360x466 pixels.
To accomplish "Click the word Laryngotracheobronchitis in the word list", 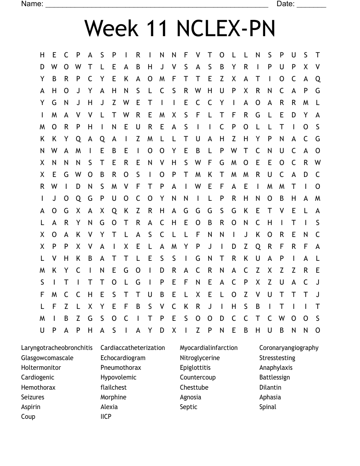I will [57, 348].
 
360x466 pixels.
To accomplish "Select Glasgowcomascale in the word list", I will [47, 358].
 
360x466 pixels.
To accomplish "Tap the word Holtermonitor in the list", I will [41, 368].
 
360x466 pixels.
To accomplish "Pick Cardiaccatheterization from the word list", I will [133, 348].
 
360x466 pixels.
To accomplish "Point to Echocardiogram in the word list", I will [123, 358].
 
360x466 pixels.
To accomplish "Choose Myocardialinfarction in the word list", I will [209, 348].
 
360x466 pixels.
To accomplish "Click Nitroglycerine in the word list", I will [200, 358].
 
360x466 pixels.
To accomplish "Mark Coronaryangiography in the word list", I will [289, 348].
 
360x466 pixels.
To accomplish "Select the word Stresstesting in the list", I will [277, 358].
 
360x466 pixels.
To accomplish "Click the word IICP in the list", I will [106, 417].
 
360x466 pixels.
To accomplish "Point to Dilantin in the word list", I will [270, 387].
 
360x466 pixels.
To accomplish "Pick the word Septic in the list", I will [188, 407].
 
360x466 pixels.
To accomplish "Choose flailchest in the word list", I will [113, 387].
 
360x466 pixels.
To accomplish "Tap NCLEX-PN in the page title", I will [226, 28].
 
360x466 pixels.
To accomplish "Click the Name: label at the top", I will [32, 4].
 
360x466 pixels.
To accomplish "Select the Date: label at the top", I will [285, 4].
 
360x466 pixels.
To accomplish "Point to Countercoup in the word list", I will [198, 377].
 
